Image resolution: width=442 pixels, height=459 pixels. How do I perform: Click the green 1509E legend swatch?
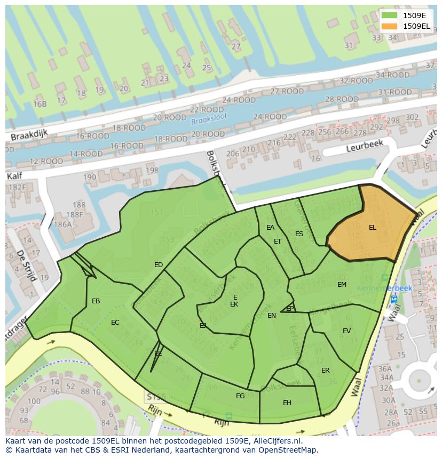(x=390, y=15)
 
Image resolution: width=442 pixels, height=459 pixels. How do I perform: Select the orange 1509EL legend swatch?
(x=390, y=26)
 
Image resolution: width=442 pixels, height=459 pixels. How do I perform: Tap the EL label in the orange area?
(x=372, y=228)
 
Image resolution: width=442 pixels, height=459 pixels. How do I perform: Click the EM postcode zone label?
(x=342, y=285)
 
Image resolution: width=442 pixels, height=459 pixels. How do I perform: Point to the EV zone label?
(x=346, y=331)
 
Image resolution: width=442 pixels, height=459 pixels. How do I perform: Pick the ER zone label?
(x=325, y=371)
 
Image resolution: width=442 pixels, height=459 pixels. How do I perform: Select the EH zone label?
(x=287, y=403)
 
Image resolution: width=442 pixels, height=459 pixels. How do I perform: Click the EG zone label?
(x=240, y=396)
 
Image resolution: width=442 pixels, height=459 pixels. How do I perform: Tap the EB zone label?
(x=96, y=301)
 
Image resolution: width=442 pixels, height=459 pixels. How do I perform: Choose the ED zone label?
(x=159, y=265)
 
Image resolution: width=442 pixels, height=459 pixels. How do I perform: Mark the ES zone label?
(x=299, y=234)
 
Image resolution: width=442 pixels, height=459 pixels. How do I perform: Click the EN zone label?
(x=272, y=316)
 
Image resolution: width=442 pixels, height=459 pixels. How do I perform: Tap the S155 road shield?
(x=156, y=397)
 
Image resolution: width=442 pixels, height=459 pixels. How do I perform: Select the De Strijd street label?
(x=25, y=265)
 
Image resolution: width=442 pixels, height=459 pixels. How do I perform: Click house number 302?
(x=412, y=117)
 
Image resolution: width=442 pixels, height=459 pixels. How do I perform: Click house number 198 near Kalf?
(x=152, y=171)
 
